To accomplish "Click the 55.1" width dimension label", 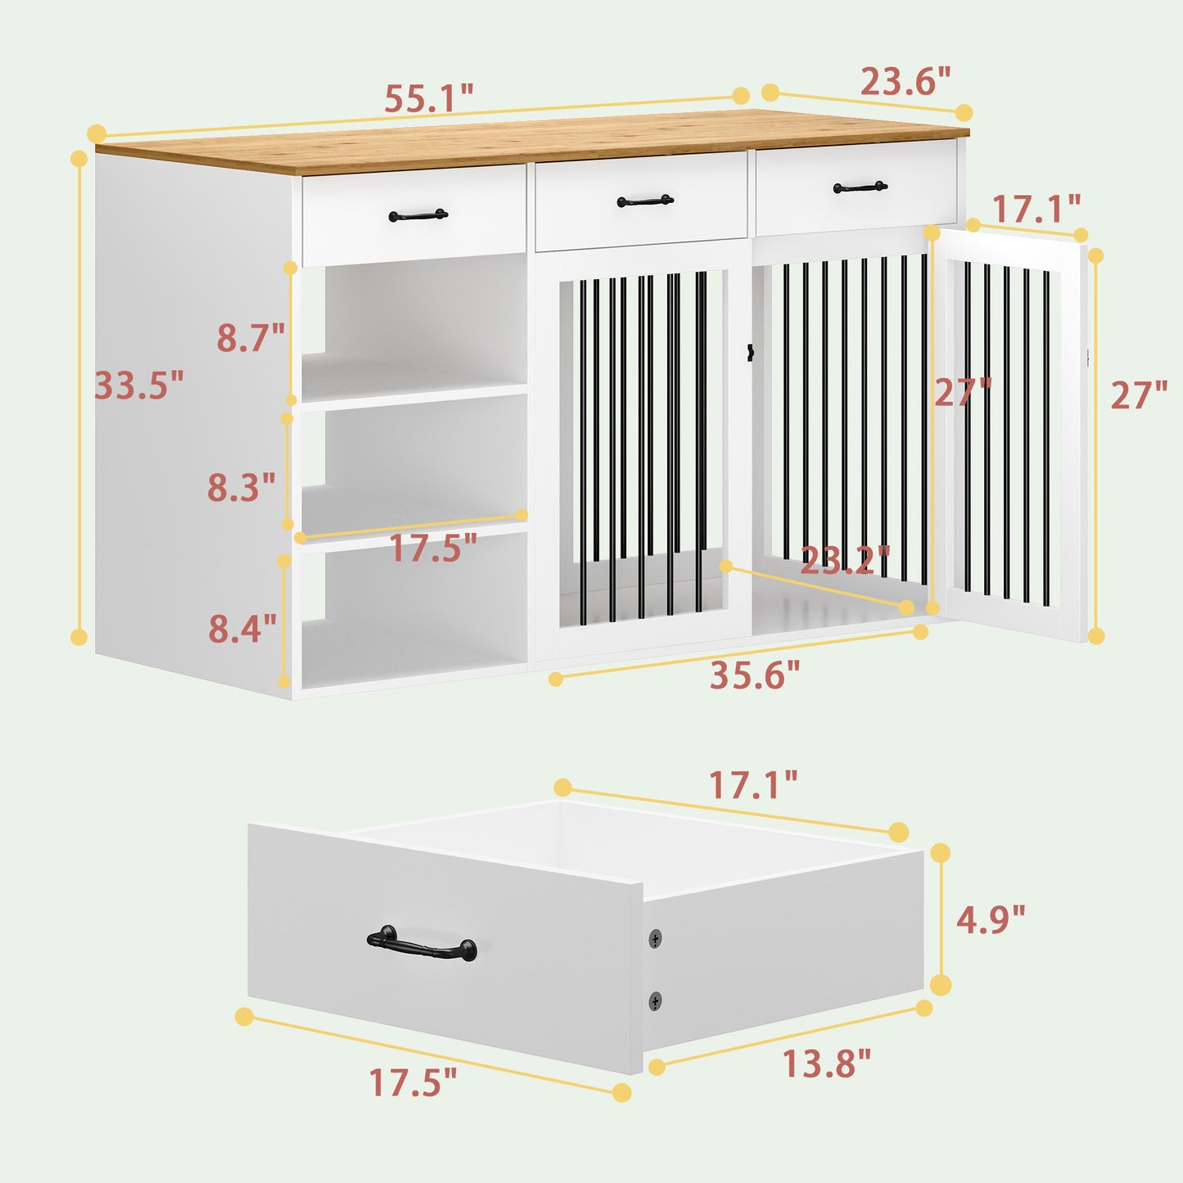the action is pos(429,97).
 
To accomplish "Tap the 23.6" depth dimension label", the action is pos(905,81).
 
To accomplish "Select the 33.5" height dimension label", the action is pos(139,385).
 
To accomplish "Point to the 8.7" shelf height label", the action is pos(251,337).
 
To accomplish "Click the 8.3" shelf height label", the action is pos(242,487).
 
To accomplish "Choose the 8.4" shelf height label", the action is pos(242,628).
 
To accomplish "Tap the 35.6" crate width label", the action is pos(755,675).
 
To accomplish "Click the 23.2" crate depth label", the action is pos(846,560).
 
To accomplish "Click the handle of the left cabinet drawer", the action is pos(418,214).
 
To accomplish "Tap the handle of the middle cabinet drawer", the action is pos(645,200).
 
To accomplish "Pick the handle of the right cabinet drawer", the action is pos(860,187).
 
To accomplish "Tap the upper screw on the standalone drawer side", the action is pos(656,938).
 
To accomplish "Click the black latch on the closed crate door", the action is pos(750,352).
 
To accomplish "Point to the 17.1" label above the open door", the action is pos(1036,209).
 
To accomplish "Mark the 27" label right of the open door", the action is pos(1140,395).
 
